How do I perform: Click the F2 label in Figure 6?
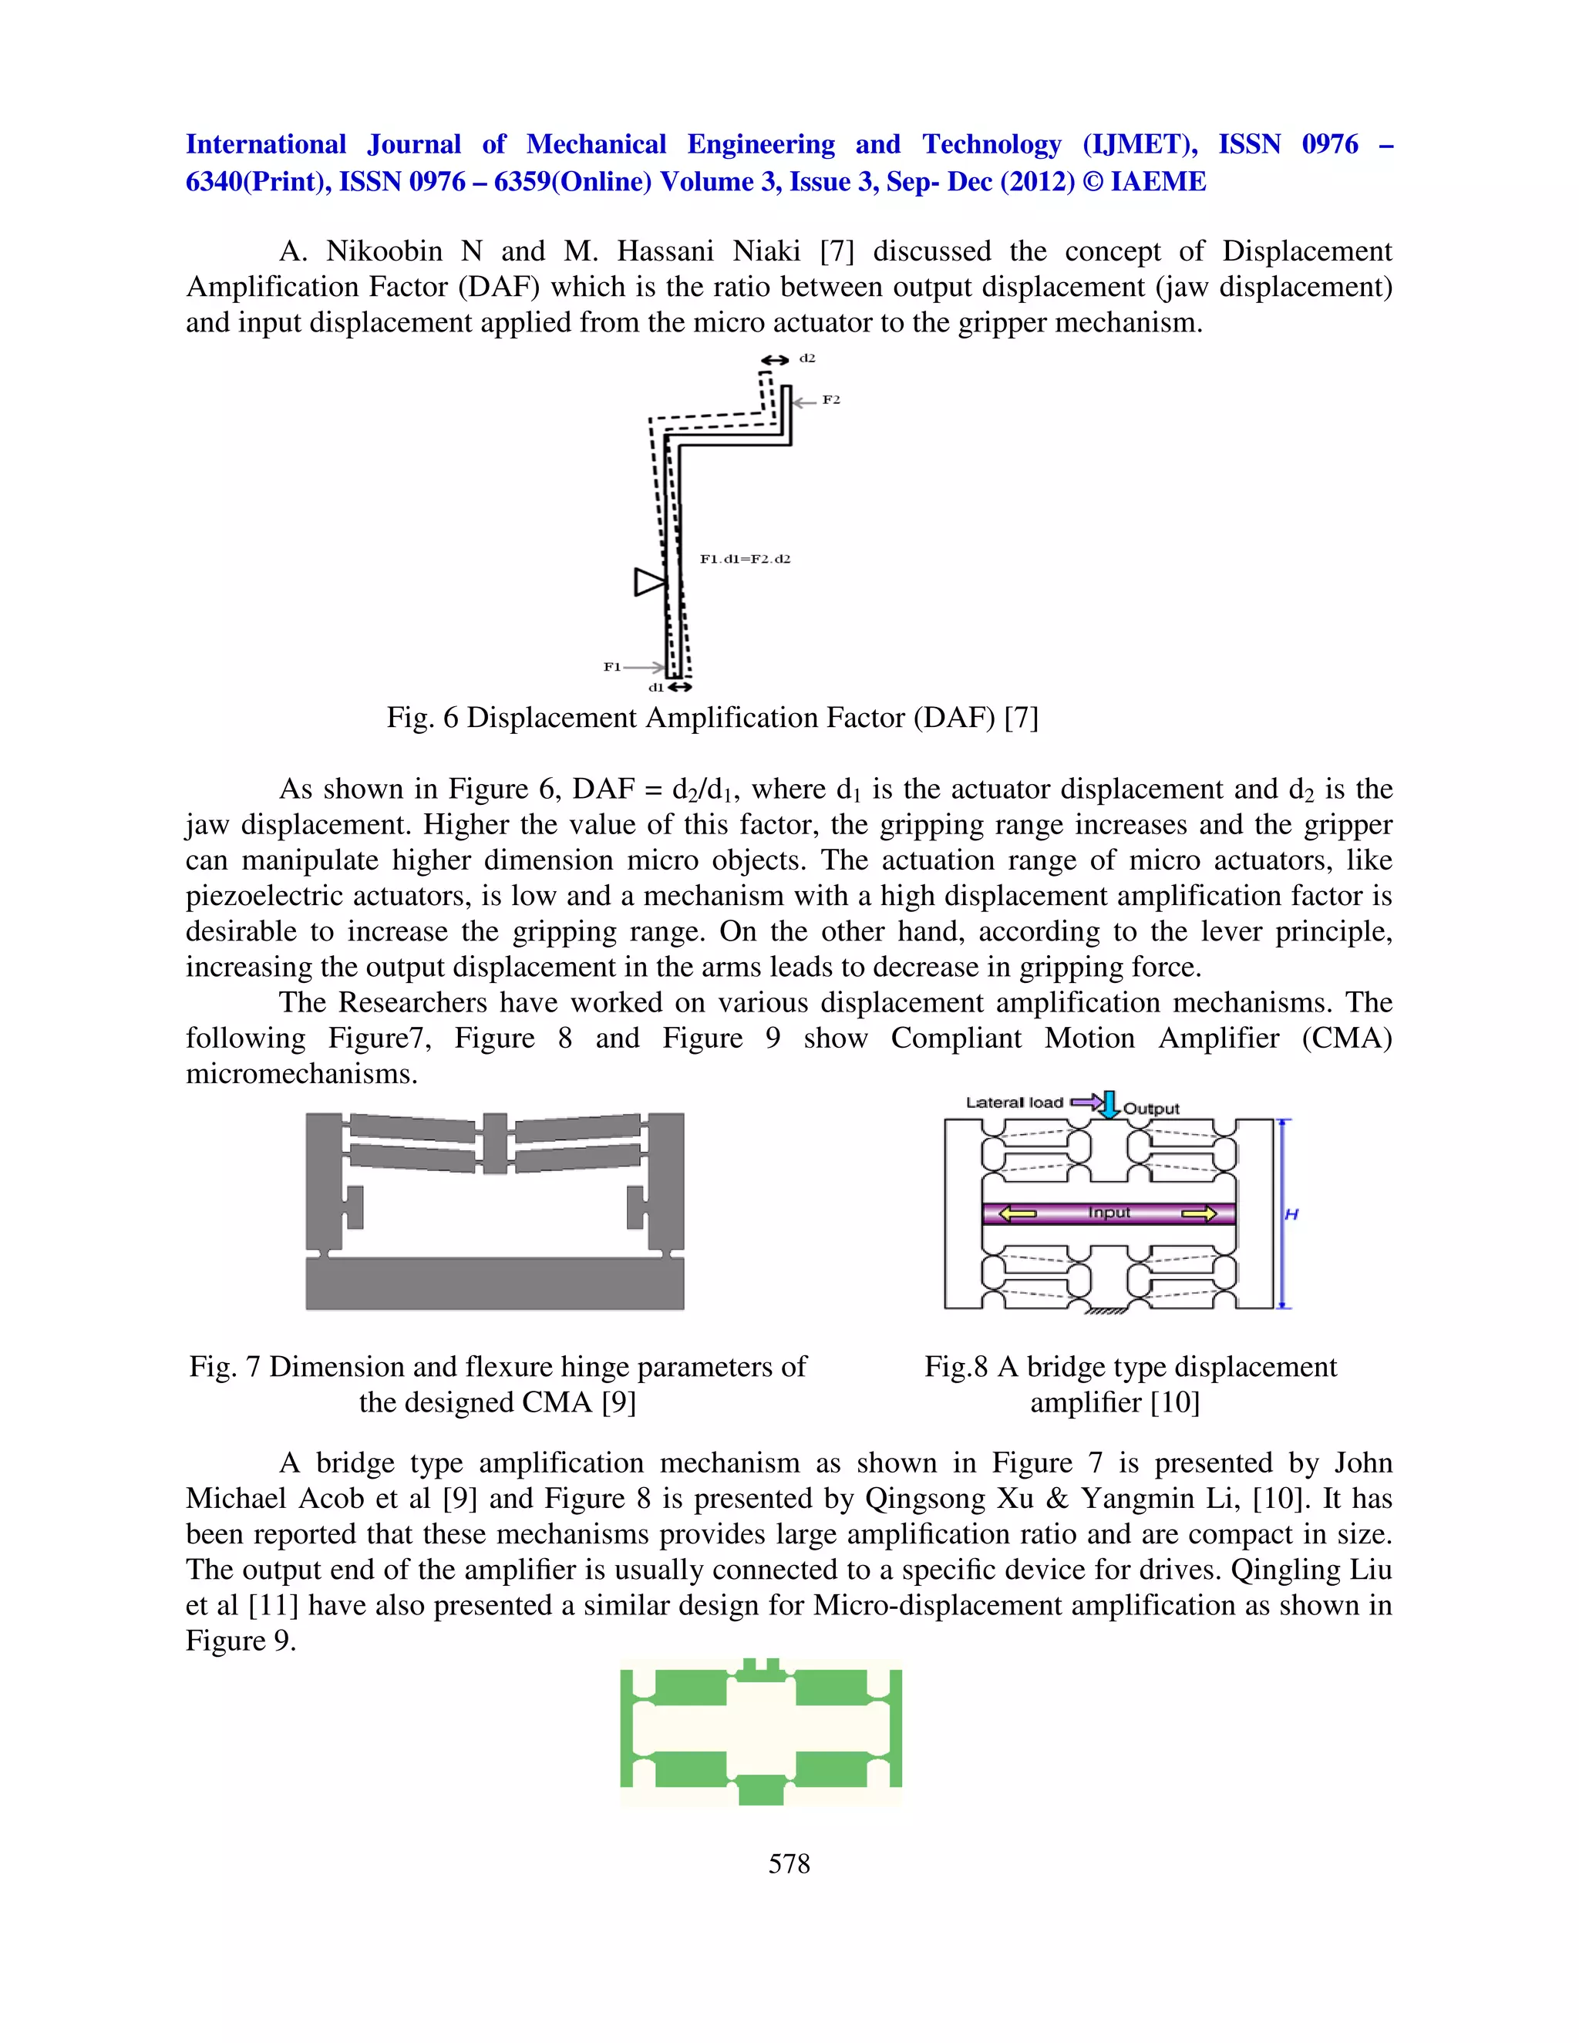(x=830, y=400)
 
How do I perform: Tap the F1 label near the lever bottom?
(x=611, y=667)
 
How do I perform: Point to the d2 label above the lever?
(x=807, y=358)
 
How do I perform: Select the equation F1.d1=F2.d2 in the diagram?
(x=745, y=560)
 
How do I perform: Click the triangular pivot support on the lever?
(x=649, y=582)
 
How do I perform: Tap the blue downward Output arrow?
(x=1109, y=1104)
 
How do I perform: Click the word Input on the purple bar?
(x=1109, y=1213)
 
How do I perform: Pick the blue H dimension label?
(x=1292, y=1214)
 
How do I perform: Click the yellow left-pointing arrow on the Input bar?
(x=1018, y=1213)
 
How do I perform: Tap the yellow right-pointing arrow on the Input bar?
(x=1198, y=1213)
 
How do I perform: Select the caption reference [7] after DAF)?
(x=1021, y=718)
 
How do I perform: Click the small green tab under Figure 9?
(x=760, y=1789)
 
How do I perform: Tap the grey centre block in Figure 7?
(x=495, y=1143)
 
